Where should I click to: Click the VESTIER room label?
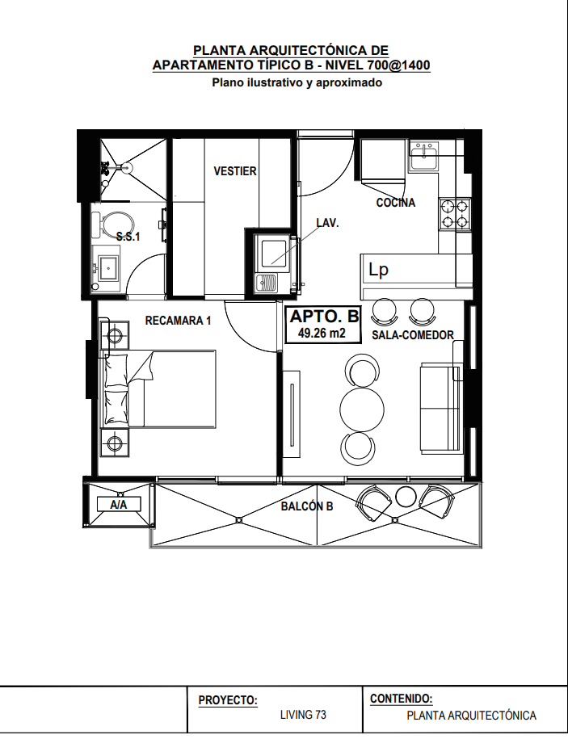235,171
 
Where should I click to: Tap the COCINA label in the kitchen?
395,203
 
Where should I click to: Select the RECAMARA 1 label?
178,321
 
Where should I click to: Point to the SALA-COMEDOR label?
412,335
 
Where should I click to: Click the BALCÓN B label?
307,506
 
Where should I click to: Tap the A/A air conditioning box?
118,504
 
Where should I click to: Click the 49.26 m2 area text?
322,334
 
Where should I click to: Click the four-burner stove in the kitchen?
455,214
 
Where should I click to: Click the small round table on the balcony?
405,496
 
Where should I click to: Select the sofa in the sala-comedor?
440,407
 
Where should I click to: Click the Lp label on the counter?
378,270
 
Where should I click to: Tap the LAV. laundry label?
327,223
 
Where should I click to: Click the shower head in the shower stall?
126,167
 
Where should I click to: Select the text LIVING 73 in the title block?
303,715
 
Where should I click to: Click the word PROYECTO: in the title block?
228,700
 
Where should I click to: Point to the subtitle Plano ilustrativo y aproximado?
297,83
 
